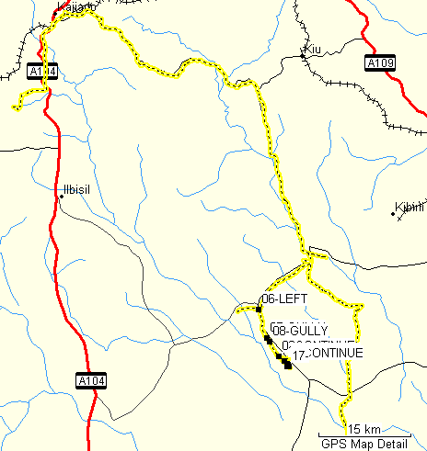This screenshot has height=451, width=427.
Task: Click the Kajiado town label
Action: coord(75,7)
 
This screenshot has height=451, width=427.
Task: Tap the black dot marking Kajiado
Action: coord(58,14)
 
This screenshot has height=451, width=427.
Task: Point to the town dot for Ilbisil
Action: coord(61,197)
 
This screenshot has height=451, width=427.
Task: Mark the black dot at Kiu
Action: coord(303,57)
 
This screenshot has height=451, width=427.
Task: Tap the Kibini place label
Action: coord(410,208)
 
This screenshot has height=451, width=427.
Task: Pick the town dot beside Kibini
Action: coord(394,215)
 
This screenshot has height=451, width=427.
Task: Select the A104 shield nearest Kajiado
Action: coord(42,71)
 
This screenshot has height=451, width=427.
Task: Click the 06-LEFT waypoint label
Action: coord(284,299)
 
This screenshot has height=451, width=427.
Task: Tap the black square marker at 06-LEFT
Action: coord(260,310)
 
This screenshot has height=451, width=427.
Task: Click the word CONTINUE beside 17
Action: coord(336,353)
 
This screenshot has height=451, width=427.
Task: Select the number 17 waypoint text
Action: coord(299,354)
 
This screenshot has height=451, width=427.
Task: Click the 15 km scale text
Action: coord(365,429)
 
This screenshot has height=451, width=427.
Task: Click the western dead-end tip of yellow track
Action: coord(14,109)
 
